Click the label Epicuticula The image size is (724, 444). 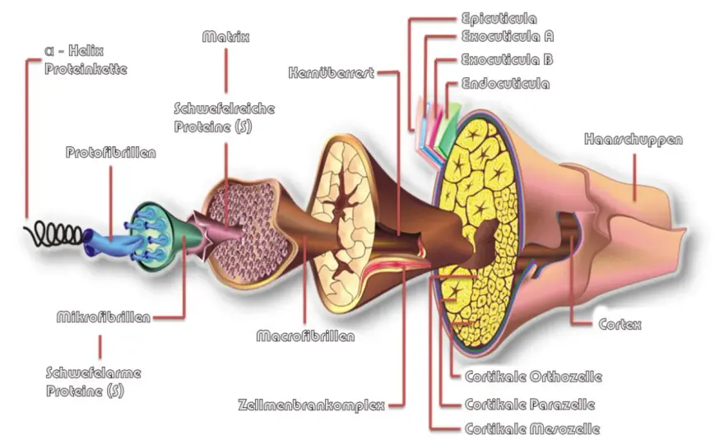pos(499,19)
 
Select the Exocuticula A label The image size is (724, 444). pos(508,36)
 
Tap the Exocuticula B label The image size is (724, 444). pos(507,59)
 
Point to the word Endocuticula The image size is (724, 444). pos(506,84)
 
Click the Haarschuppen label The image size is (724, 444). pos(633,140)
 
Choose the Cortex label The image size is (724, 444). pos(620,325)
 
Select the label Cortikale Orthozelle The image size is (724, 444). pos(533,377)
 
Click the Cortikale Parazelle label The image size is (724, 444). pos(530,405)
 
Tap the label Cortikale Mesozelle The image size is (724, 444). pos(532,428)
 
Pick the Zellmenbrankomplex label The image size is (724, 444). pos(312,405)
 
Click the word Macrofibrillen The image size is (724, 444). pos(306,336)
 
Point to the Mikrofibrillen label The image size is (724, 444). pos(104,317)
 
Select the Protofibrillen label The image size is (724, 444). pos(111,152)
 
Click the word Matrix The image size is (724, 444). pos(225,36)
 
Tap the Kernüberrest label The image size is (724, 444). pos(331,72)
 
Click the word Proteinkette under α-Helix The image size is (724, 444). pos(86,69)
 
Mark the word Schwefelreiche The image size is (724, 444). pos(225,109)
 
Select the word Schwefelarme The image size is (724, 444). pos(94,373)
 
